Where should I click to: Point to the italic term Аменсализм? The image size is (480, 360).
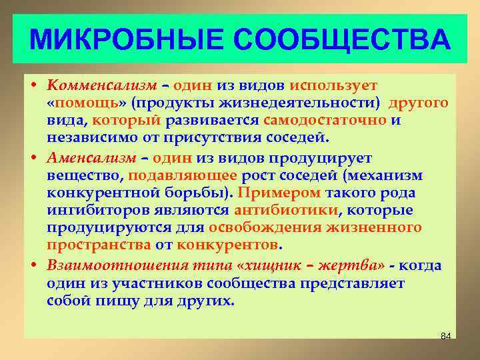pos(94,159)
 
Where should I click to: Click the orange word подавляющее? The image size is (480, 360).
pos(183,176)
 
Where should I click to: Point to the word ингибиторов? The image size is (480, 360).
pos(91,211)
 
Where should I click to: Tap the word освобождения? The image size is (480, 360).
pos(265,228)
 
